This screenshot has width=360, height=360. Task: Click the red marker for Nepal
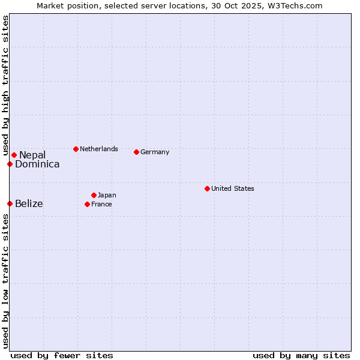click(14, 155)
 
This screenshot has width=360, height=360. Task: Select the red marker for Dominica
click(10, 164)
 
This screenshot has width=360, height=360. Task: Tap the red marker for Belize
click(10, 203)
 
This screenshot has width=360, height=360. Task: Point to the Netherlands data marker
click(76, 149)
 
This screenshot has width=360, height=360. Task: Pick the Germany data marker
click(136, 152)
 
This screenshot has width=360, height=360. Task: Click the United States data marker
click(207, 188)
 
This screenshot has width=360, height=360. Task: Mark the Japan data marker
click(94, 195)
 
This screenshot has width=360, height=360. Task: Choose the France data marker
click(87, 204)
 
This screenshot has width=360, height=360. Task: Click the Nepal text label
click(32, 155)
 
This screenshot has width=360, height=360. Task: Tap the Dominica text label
click(37, 164)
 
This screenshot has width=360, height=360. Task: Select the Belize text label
click(29, 204)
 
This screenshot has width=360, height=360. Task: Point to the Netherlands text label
click(99, 149)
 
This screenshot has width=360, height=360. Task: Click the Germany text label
click(155, 152)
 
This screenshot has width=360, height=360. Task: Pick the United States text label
click(233, 188)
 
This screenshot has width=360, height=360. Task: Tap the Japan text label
click(107, 195)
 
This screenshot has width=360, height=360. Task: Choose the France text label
click(101, 204)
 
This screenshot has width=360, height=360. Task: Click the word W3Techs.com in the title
click(296, 5)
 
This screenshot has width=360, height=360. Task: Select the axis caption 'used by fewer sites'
click(62, 355)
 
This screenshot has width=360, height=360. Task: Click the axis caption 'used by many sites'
click(301, 355)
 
